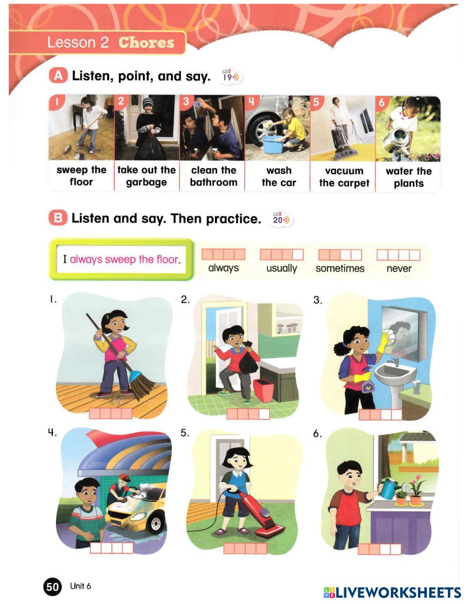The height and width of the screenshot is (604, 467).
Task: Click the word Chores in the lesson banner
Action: [x=146, y=42]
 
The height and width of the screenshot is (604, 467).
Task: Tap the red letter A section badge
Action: [x=58, y=76]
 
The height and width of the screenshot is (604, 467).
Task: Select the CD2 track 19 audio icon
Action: [x=230, y=76]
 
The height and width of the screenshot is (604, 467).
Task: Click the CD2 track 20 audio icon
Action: [x=281, y=219]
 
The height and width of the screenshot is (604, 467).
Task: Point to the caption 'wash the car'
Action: [x=279, y=176]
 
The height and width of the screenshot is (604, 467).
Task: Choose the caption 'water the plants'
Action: [x=409, y=177]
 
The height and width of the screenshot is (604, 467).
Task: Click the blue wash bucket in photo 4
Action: [x=273, y=144]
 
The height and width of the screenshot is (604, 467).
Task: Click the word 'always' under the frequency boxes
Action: [x=224, y=268]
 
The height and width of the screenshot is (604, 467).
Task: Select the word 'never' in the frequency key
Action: [x=399, y=268]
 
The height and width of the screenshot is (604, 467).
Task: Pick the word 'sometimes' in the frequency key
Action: [x=340, y=268]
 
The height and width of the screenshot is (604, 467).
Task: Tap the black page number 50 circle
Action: [x=52, y=587]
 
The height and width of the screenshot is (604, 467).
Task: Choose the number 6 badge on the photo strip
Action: [x=382, y=102]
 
